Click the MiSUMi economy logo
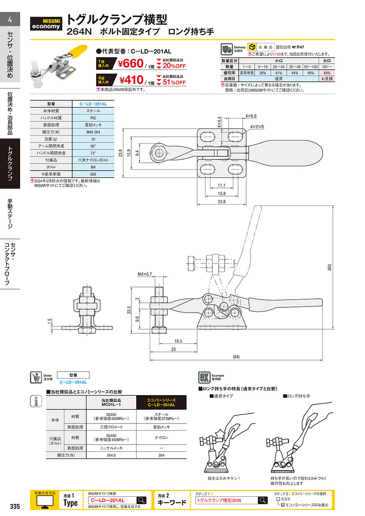click(46, 24)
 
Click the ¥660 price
click(131, 63)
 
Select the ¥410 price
click(131, 80)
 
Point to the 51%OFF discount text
click(174, 82)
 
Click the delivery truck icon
click(227, 49)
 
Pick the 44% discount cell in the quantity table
click(294, 73)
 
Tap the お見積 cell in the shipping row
click(327, 78)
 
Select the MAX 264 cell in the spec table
click(93, 132)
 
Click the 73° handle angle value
click(93, 153)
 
